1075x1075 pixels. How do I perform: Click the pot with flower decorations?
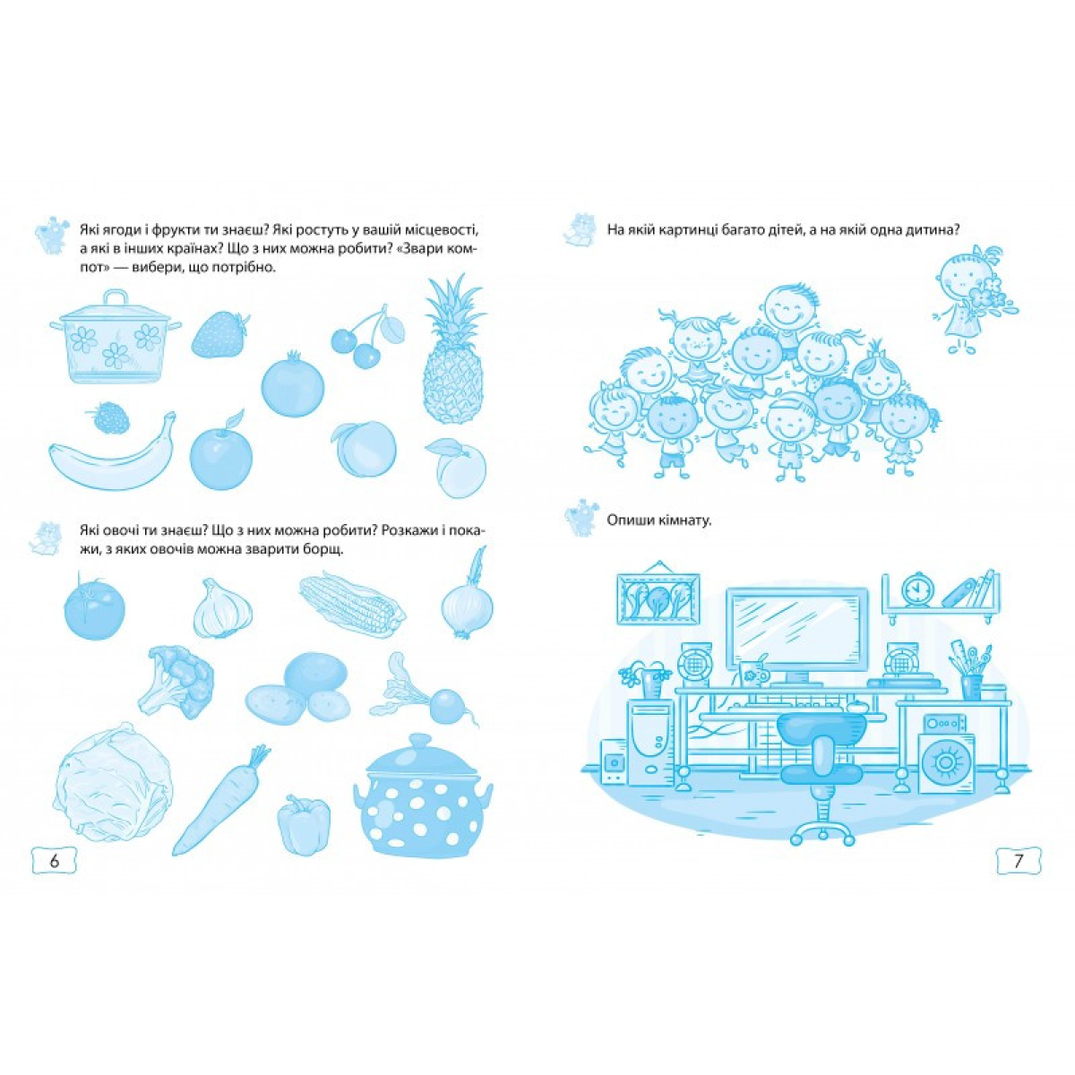tap(116, 336)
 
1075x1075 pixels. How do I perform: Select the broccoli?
tap(176, 682)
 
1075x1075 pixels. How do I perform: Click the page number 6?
tap(54, 876)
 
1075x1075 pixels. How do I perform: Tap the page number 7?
tap(1019, 876)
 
